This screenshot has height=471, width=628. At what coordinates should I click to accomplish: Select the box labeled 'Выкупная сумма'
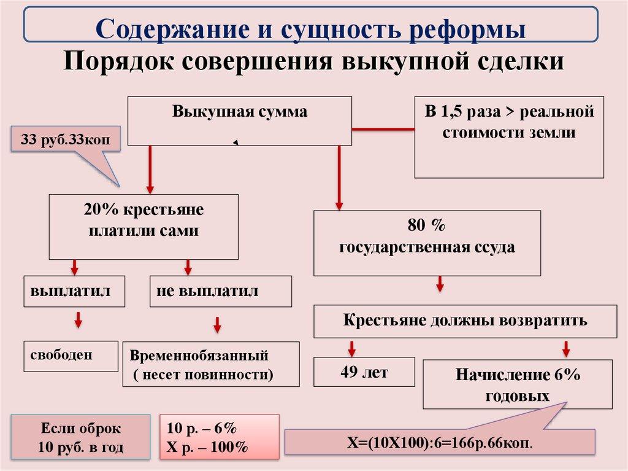(239, 120)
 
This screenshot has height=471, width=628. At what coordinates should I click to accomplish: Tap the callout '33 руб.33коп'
(65, 140)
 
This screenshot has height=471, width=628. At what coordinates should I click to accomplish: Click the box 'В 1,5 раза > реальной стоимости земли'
(508, 136)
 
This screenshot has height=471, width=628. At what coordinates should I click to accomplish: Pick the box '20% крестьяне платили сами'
(144, 226)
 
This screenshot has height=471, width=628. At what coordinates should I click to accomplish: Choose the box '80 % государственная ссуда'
(427, 243)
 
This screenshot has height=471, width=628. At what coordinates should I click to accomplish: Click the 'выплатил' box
(74, 291)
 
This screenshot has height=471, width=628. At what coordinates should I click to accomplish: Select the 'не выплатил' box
(220, 291)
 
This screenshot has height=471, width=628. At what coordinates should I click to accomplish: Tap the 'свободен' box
(71, 356)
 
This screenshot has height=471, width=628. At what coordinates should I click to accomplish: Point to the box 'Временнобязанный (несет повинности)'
(211, 364)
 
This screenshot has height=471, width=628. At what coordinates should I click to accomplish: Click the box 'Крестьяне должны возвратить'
(465, 321)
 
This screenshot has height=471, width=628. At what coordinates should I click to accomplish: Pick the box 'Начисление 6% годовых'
(517, 384)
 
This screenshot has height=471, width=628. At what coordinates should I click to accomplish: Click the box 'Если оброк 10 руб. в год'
(80, 437)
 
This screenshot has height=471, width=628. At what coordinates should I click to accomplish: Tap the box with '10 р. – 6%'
(219, 437)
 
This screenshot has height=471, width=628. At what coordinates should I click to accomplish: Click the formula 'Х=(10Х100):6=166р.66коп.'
(439, 442)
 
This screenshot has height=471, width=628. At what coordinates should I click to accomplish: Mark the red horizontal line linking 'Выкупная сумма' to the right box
(383, 129)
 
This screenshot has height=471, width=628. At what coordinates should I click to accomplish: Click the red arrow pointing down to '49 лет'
(351, 348)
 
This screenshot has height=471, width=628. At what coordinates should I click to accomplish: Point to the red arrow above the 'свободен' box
(78, 320)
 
